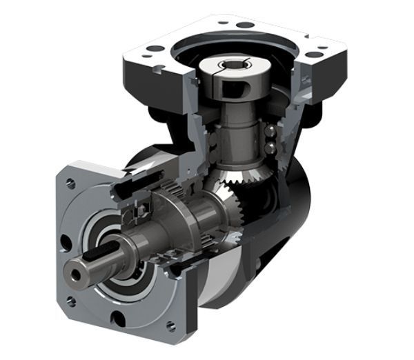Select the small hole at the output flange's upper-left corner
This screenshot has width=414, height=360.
point(70,183)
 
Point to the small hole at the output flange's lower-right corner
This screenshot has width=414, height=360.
point(170,326)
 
